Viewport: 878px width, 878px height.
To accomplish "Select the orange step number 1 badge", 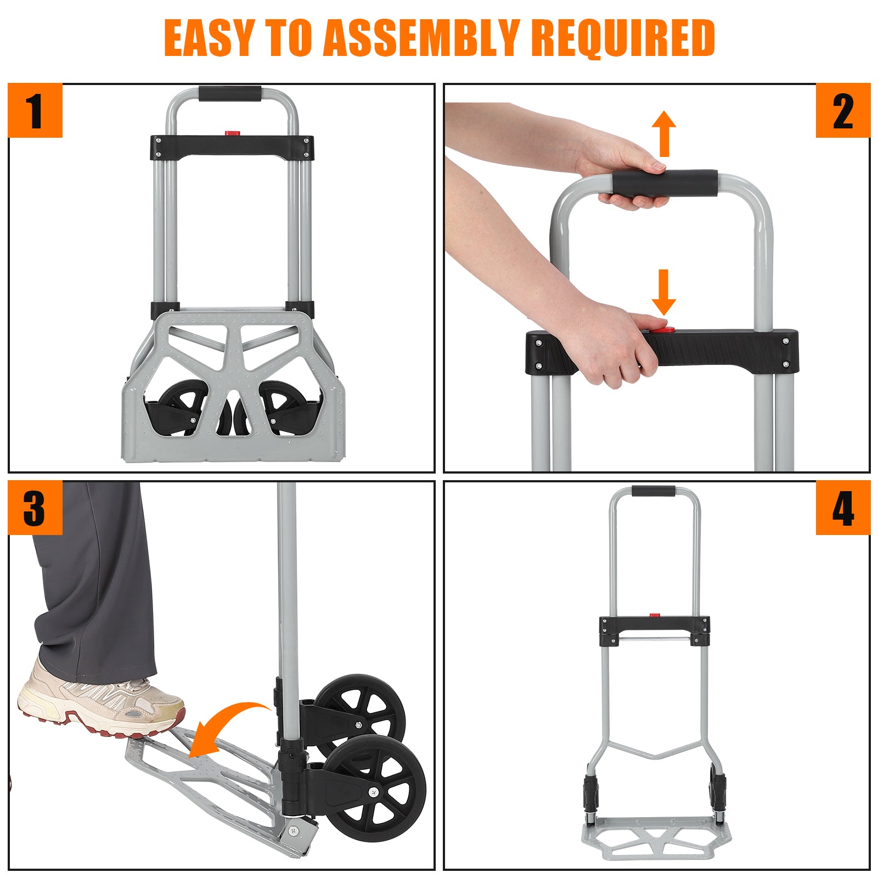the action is (x=35, y=110).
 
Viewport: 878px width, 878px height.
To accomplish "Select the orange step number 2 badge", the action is (x=843, y=110).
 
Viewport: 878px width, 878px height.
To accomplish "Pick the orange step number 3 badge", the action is (x=35, y=508).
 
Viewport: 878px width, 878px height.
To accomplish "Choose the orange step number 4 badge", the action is (x=843, y=508).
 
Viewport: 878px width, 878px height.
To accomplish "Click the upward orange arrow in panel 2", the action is (x=664, y=133).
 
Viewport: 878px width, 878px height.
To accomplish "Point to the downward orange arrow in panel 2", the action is (x=664, y=292).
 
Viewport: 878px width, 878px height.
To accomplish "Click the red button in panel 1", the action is (x=233, y=133).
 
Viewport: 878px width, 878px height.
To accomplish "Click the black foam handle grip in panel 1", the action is (x=230, y=93).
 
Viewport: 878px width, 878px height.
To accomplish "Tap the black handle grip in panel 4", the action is (x=654, y=491).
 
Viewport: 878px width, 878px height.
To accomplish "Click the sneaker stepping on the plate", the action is (x=102, y=704).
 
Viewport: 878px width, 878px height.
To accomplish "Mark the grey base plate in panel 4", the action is (x=657, y=837).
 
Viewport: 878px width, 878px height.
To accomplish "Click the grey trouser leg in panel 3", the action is (x=93, y=582).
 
